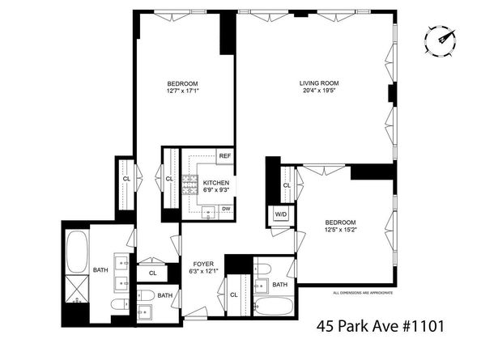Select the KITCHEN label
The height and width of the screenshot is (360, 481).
point(215,183)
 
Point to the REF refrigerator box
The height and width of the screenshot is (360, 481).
point(225,155)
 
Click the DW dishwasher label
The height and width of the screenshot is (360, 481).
point(225,209)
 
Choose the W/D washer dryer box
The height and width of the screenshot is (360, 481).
point(281,214)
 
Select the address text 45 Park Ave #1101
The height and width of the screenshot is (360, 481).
point(381,328)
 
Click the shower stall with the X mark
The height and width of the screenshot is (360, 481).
point(78,287)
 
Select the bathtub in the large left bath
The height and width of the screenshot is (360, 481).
point(78,252)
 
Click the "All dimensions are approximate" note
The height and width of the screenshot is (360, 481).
point(363,292)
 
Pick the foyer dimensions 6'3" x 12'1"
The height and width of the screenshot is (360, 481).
point(202,273)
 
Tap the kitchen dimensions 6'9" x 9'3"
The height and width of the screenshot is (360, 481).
point(215,191)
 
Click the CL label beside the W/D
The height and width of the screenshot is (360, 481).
point(287,187)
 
